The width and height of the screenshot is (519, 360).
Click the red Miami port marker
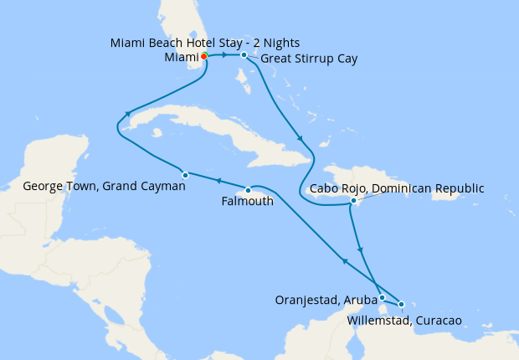204,56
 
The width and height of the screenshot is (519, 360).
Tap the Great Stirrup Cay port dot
244,55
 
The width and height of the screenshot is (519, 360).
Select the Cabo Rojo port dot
354,201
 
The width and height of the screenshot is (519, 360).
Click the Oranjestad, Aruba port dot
382,297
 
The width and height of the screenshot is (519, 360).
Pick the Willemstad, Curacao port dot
402,304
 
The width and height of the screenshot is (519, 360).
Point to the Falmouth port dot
248,190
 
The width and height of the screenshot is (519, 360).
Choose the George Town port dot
185,174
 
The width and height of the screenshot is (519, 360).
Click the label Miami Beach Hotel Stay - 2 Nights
204,43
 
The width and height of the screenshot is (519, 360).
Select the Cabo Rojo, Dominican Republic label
397,188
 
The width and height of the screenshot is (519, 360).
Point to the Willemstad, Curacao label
404,320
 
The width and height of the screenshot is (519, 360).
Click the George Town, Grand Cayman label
104,187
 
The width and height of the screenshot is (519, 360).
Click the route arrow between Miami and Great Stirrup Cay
226,55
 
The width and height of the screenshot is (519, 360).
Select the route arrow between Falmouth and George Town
217,181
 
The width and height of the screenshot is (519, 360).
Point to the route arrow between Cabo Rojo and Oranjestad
361,249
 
